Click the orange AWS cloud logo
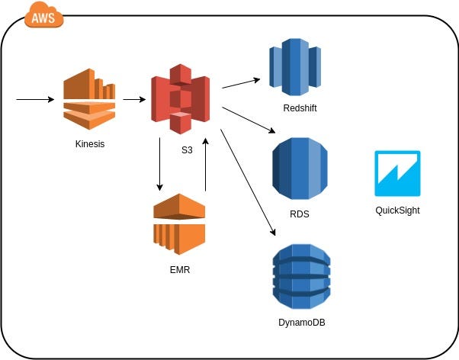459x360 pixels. point(44,15)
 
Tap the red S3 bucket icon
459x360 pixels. point(181,99)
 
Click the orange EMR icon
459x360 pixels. point(179,223)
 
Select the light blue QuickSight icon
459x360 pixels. point(397,173)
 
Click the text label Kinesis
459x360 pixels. point(90,144)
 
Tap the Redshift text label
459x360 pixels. point(299,108)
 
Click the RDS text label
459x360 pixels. point(299,214)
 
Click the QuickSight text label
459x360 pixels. point(397,211)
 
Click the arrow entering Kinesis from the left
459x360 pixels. point(35,99)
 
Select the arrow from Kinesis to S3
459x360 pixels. point(134,99)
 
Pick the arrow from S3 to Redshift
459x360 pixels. point(240,83)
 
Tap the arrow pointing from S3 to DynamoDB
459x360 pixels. point(248,182)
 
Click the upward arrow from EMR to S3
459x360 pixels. point(205,164)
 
